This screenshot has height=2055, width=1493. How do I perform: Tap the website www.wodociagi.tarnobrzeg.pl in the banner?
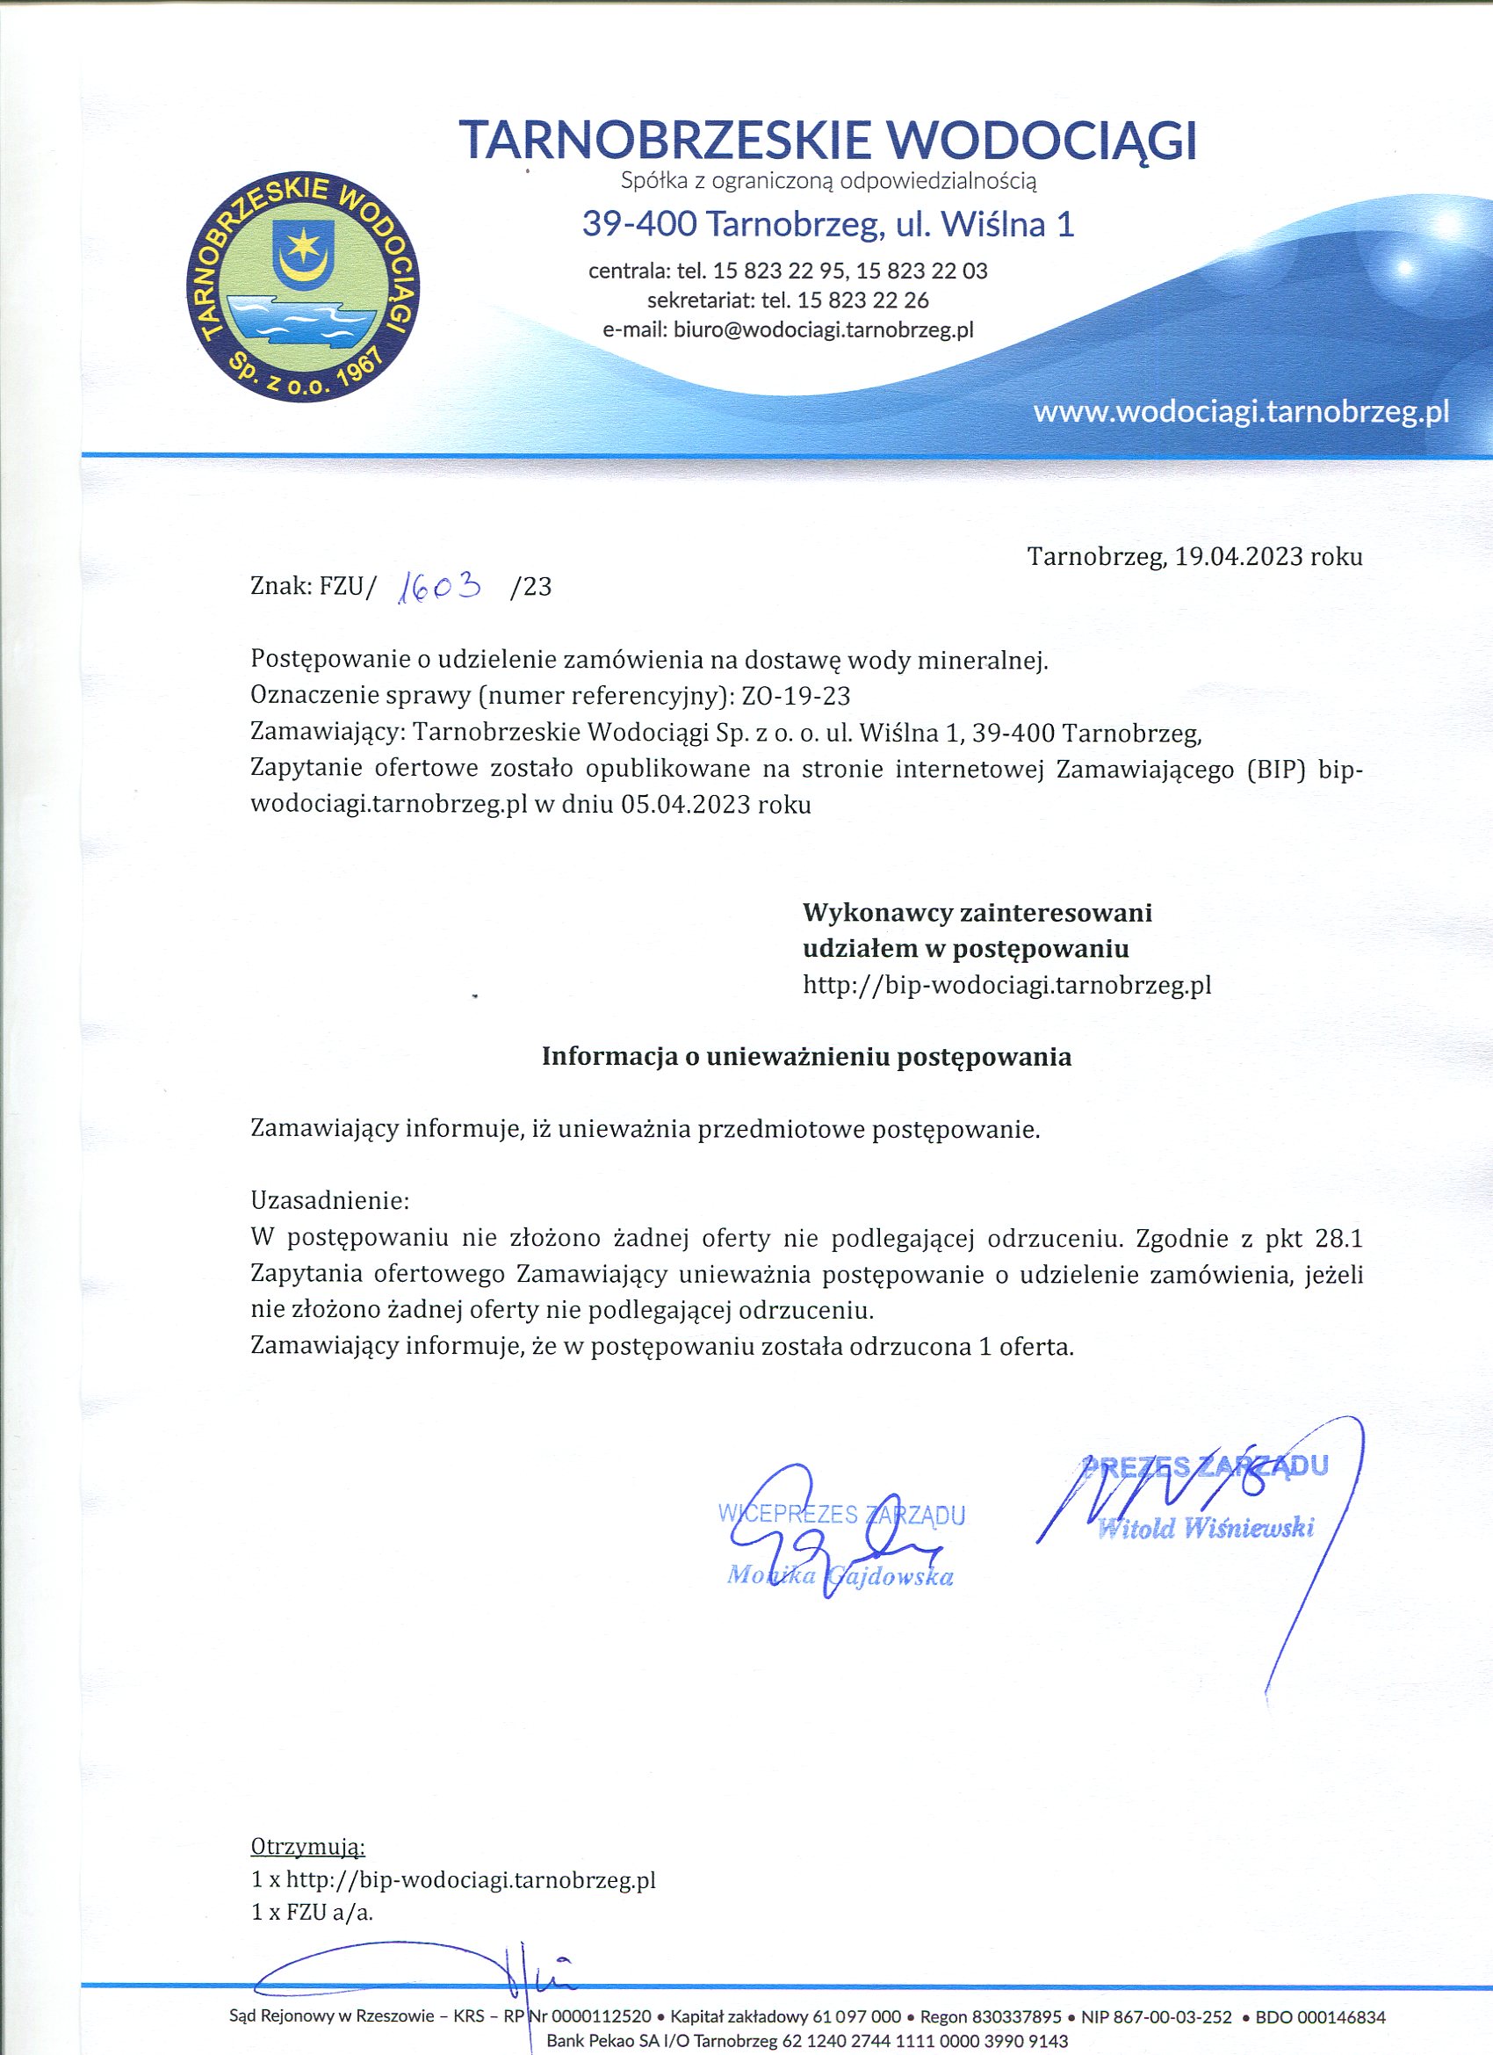tap(1240, 413)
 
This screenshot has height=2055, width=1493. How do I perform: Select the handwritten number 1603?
tap(440, 590)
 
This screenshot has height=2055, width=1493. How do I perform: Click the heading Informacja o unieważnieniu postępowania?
tap(806, 1057)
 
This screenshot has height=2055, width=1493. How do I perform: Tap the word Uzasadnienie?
tap(328, 1202)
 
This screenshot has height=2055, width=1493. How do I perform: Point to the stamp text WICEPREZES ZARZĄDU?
tap(840, 1515)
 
